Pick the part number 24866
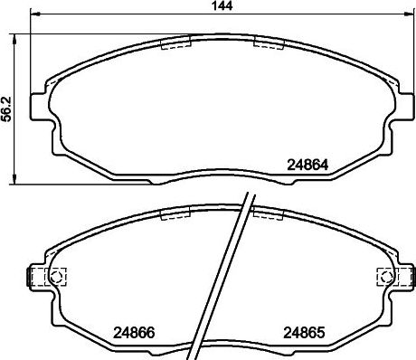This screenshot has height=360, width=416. (132, 332)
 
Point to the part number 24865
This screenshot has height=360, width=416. (305, 332)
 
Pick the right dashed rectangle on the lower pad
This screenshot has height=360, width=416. (269, 213)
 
